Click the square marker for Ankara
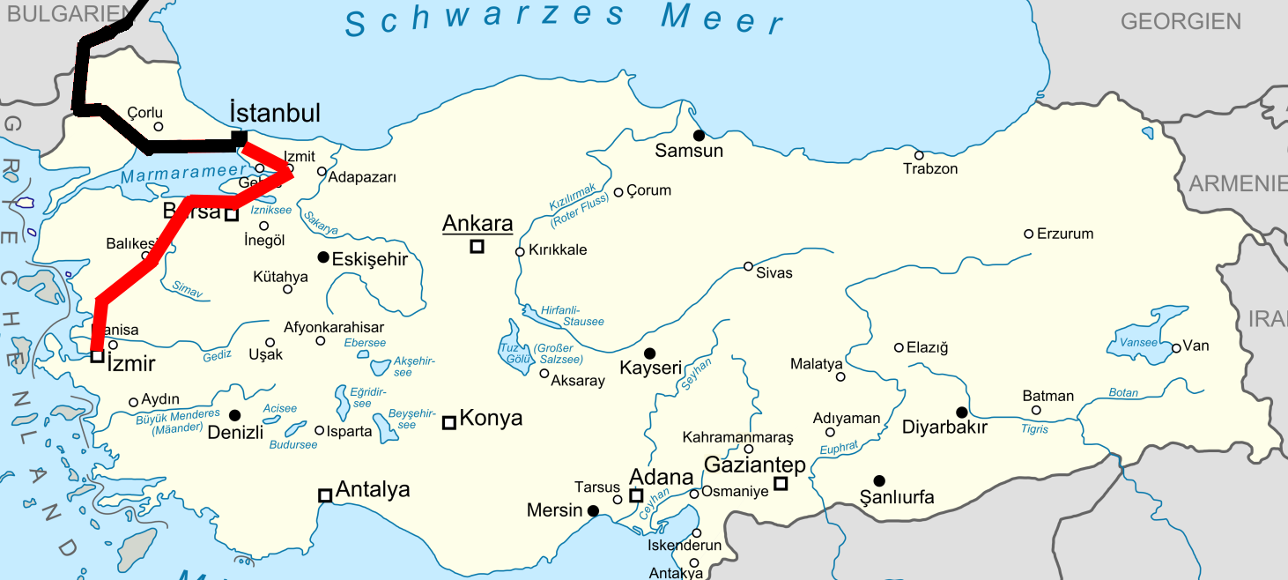click(x=477, y=247)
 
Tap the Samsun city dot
click(x=699, y=136)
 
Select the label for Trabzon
click(x=930, y=168)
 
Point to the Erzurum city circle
click(x=1028, y=234)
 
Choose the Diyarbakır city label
click(x=944, y=428)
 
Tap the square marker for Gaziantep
click(x=781, y=482)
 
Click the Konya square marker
click(x=449, y=422)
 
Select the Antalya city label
click(x=373, y=489)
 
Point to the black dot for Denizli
click(x=234, y=415)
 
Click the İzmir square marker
click(x=97, y=356)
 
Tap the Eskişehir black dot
click(x=323, y=257)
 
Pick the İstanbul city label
click(x=274, y=113)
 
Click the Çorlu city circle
click(x=159, y=127)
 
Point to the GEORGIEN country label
click(x=1181, y=21)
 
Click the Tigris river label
click(x=1034, y=429)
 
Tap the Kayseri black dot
click(x=650, y=353)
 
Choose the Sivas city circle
click(x=748, y=266)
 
